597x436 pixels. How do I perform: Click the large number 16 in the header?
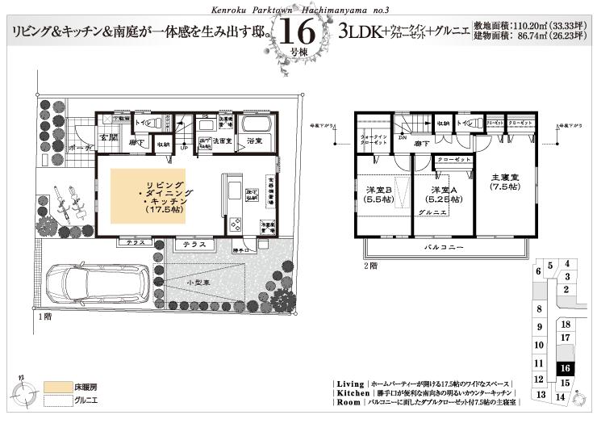[x=298, y=32]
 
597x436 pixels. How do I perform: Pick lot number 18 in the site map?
[x=566, y=324]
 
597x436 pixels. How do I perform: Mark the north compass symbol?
[x=24, y=392]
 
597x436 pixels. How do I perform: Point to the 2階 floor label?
[x=370, y=266]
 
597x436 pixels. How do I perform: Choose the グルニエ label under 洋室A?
[x=428, y=212]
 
